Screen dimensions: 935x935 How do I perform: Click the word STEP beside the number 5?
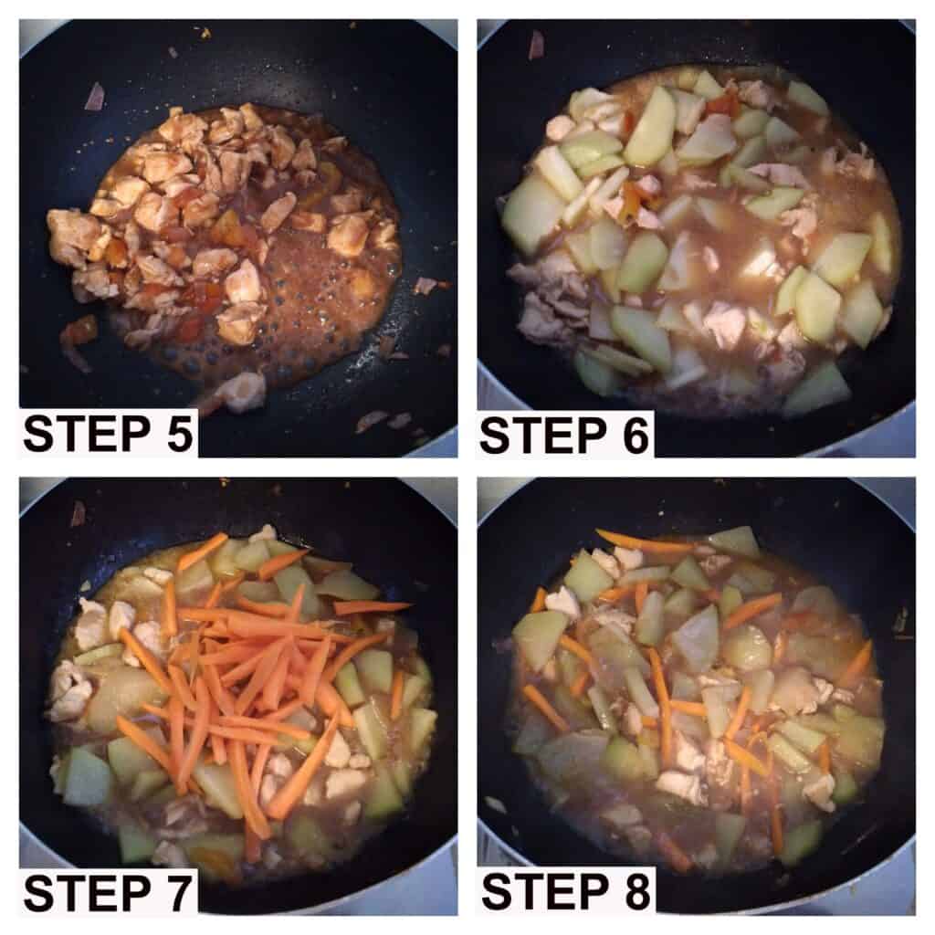[87, 434]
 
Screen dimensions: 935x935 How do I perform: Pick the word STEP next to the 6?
[542, 436]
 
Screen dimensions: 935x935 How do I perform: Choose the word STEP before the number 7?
[87, 893]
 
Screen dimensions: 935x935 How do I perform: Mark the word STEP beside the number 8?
[544, 892]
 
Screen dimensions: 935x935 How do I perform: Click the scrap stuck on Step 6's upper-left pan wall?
[536, 44]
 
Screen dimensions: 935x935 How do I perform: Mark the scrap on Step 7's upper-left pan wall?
[79, 513]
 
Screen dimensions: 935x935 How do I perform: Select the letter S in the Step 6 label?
[495, 436]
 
